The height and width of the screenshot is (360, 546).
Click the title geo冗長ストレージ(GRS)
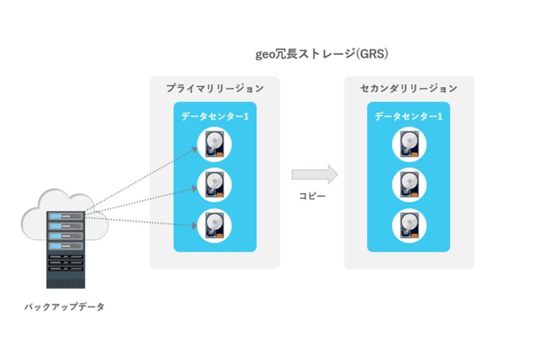(321, 54)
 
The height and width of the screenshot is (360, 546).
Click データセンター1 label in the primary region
(215, 117)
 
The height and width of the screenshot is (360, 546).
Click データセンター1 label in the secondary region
(409, 117)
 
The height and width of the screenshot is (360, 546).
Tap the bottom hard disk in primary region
(215, 225)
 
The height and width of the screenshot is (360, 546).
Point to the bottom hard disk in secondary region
(409, 225)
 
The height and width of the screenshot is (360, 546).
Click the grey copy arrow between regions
(314, 174)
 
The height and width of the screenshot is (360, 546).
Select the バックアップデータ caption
(65, 307)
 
